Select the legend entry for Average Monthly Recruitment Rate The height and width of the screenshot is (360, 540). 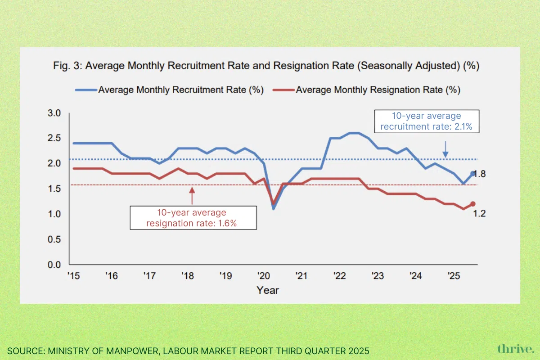click(x=180, y=90)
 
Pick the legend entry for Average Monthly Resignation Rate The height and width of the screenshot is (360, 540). click(x=378, y=90)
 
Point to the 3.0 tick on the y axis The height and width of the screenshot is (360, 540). click(x=54, y=113)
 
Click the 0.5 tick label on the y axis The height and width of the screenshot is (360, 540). click(x=54, y=239)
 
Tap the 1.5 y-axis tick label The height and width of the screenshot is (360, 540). click(x=54, y=189)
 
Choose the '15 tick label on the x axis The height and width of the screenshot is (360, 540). click(x=74, y=275)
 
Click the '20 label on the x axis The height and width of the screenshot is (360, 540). click(x=263, y=275)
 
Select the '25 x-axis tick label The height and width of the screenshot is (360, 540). click(x=454, y=275)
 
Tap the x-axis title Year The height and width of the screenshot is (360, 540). click(x=268, y=290)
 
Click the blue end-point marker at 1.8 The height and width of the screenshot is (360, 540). click(x=473, y=174)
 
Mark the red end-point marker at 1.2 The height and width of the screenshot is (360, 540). click(x=473, y=204)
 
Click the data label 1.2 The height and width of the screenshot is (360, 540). click(x=479, y=214)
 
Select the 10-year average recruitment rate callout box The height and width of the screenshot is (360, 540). click(x=426, y=121)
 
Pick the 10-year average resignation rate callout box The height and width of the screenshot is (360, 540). click(x=193, y=218)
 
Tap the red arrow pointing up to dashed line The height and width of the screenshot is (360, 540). click(x=192, y=196)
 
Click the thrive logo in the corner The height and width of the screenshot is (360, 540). click(x=516, y=349)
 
